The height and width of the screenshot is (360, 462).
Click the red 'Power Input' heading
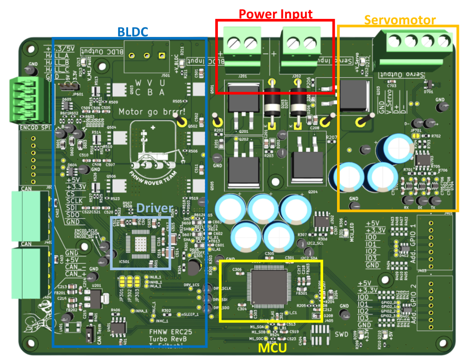275,14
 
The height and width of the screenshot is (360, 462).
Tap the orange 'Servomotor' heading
400,20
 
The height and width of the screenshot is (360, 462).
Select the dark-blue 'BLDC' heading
133,32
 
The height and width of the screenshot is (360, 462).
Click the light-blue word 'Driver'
155,208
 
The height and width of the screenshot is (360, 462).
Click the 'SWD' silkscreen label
342,335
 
